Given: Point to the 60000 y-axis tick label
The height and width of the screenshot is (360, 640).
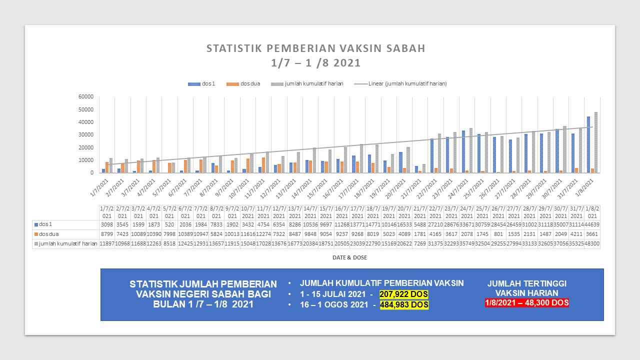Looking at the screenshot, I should coord(86,96).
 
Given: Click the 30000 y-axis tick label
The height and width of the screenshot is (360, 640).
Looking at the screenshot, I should coord(86,135).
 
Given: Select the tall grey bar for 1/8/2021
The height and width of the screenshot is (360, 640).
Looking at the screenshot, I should coord(596,142).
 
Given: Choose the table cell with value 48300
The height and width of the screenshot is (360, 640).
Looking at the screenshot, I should coord(592,243).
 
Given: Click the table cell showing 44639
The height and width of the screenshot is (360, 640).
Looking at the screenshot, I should coord(592,224).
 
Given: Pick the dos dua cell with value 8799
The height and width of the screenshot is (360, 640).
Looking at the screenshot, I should coord(106,234).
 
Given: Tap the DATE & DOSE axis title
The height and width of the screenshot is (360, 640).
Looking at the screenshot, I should coord(349,257).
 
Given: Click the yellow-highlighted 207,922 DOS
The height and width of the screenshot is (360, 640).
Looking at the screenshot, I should coord(403,294).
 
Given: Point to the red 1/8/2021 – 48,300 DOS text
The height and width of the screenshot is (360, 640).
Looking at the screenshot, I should coord(526,303).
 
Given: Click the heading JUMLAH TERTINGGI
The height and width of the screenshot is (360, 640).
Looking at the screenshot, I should coord(526,283).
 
